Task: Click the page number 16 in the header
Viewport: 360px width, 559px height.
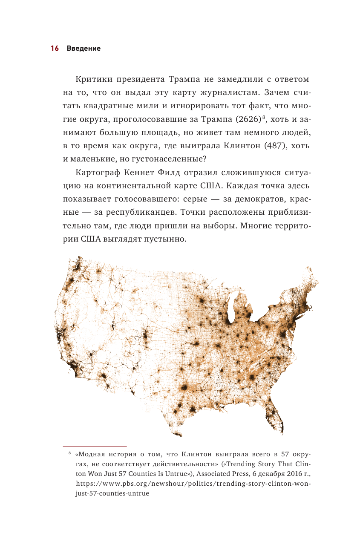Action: coord(54,49)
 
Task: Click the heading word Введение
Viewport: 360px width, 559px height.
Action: coord(84,49)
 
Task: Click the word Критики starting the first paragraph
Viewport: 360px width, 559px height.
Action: coord(94,80)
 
